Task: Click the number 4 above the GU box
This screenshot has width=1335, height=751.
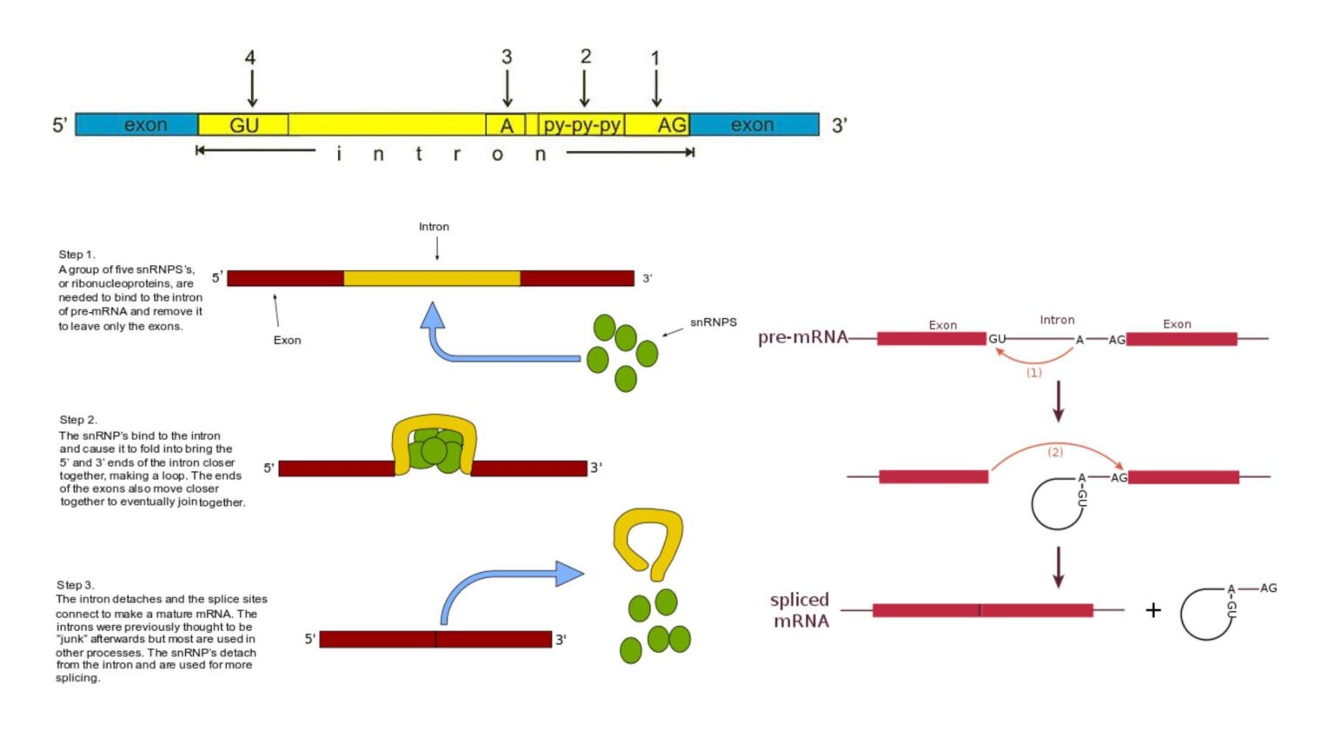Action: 250,58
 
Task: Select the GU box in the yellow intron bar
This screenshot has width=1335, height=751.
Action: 243,125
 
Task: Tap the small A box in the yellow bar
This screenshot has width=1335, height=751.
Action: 506,125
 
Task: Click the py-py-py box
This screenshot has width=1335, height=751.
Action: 581,125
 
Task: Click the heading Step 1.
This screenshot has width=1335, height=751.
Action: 76,255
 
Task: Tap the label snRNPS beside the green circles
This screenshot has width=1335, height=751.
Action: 713,322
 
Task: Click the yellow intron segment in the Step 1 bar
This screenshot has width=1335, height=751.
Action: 432,278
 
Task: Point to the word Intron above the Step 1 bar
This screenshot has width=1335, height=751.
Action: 434,227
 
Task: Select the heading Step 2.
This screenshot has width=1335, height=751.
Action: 78,420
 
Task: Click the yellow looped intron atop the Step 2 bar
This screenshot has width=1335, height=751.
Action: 434,426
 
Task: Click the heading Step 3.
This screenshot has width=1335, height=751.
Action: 76,585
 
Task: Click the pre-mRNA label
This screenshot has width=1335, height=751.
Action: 801,337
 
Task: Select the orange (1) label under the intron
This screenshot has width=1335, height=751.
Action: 1033,372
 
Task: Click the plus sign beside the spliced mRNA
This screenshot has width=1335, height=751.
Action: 1153,610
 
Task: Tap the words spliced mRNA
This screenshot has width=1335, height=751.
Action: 800,610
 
